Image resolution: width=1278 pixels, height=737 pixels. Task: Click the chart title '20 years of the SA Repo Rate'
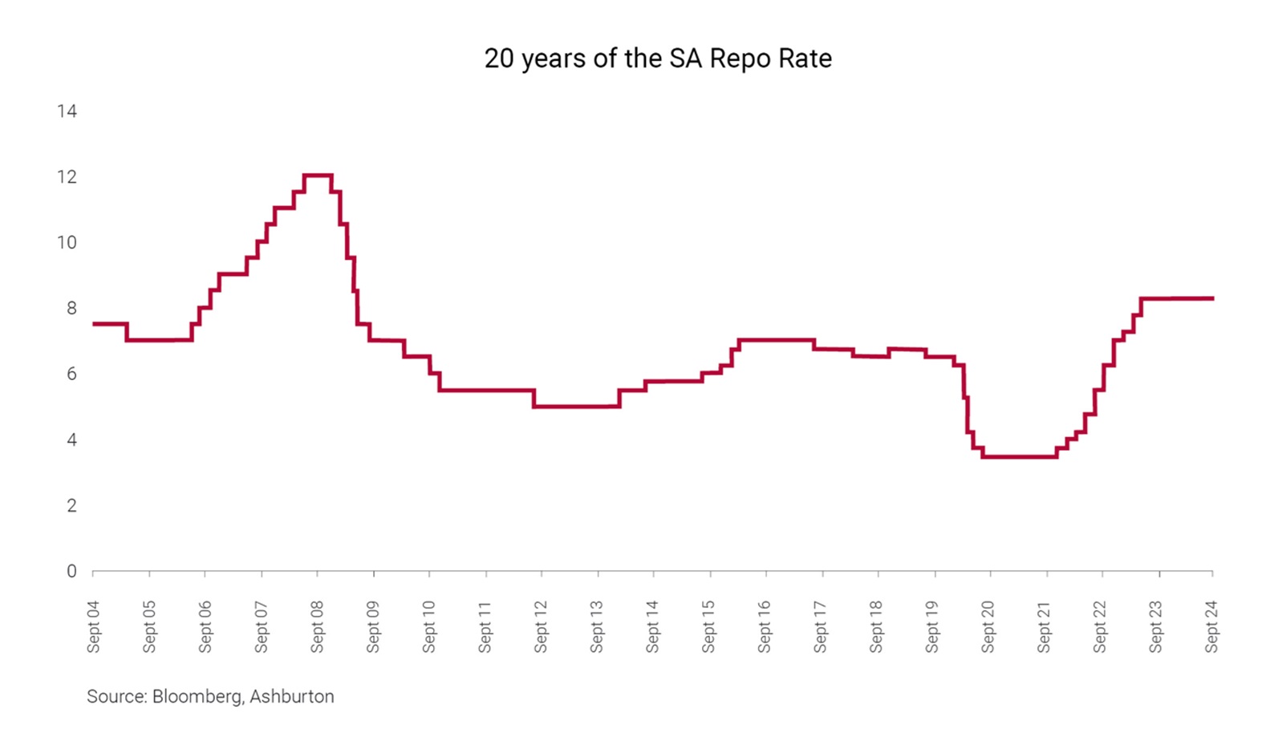click(658, 59)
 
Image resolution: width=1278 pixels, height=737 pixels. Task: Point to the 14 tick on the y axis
click(67, 111)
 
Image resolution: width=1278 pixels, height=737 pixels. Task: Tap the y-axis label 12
click(67, 177)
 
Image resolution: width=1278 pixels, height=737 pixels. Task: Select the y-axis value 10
click(67, 242)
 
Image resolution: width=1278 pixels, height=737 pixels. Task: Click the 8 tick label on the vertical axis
click(71, 308)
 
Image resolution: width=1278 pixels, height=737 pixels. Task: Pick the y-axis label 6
click(71, 375)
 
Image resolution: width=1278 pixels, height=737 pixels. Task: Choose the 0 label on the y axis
click(71, 571)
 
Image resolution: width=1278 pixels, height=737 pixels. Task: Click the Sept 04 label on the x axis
click(93, 626)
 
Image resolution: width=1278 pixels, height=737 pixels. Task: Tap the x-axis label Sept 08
click(317, 626)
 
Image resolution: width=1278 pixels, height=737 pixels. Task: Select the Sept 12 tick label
click(540, 626)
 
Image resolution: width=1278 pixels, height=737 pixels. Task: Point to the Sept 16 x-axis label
click(764, 626)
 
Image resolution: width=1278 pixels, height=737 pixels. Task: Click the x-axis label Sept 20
click(988, 626)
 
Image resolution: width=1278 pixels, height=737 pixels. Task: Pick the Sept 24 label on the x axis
click(1211, 626)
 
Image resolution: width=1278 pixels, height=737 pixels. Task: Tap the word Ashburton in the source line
click(291, 696)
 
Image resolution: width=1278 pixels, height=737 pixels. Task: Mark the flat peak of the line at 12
click(318, 175)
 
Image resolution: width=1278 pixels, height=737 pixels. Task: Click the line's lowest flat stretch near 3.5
click(1020, 456)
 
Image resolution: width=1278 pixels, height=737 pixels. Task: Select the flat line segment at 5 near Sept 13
click(576, 407)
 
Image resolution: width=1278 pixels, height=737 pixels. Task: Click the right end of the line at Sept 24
click(1212, 298)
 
